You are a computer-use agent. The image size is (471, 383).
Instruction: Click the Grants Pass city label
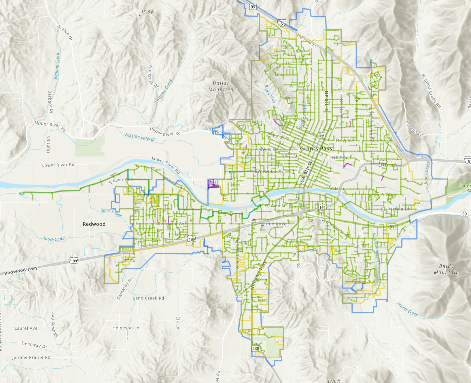[x=316, y=149]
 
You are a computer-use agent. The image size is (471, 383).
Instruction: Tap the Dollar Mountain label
[x=221, y=86]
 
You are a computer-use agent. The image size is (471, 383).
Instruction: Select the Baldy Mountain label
[x=446, y=269]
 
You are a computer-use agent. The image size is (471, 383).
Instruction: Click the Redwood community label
[x=94, y=224]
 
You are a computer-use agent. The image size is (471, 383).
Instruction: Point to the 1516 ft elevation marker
[x=147, y=12]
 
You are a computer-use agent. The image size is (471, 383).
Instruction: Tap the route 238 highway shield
[x=256, y=348]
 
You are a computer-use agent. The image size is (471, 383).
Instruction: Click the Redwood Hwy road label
[x=21, y=271]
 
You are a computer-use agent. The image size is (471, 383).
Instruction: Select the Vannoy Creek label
[x=57, y=66]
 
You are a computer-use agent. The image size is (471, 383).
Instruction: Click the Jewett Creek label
[x=407, y=309]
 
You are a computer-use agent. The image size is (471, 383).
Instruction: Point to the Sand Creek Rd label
[x=148, y=298]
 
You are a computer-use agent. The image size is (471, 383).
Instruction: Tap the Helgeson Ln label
[x=126, y=328]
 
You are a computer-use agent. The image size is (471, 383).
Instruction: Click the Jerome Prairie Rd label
[x=31, y=357]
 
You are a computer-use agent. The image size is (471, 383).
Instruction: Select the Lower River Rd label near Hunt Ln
[x=58, y=165]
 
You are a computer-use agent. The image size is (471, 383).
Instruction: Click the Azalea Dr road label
[x=65, y=32]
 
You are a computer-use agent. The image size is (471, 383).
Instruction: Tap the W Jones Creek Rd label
[x=431, y=91]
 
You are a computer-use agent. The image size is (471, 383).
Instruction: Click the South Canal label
[x=54, y=239]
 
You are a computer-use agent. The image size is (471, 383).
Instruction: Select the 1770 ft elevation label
[x=334, y=381]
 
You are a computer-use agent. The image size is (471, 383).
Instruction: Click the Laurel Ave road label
[x=26, y=328]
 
